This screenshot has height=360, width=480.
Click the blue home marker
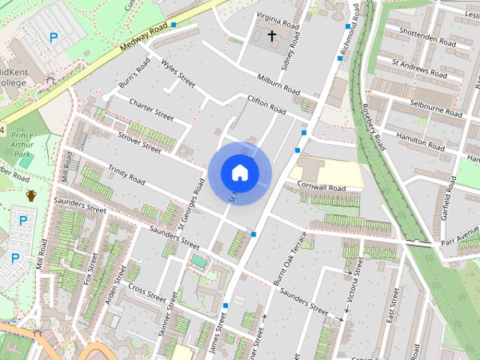coord(239,172)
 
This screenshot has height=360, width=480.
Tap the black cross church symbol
coord(271,35)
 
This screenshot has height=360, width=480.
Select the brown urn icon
coord(31,196)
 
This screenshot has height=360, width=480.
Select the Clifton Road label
coord(267,105)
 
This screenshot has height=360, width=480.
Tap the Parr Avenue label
coord(459,241)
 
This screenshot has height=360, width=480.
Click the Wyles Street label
coord(178,73)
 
